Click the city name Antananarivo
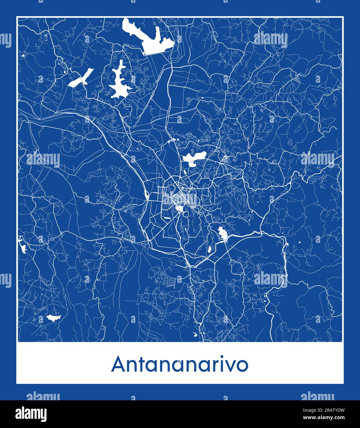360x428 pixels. [x=180, y=365]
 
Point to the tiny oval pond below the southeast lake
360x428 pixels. [x=209, y=249]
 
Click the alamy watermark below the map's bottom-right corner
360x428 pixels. [x=318, y=396]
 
